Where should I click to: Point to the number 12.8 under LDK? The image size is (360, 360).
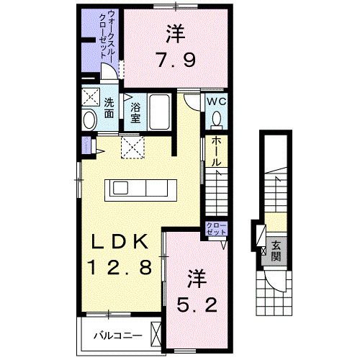tap(120, 269)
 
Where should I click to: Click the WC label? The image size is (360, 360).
tap(217, 102)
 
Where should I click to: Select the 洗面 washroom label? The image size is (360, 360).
tap(109, 107)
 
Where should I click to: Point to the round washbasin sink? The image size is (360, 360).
tap(90, 120)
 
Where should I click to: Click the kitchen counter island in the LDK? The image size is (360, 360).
tap(143, 189)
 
